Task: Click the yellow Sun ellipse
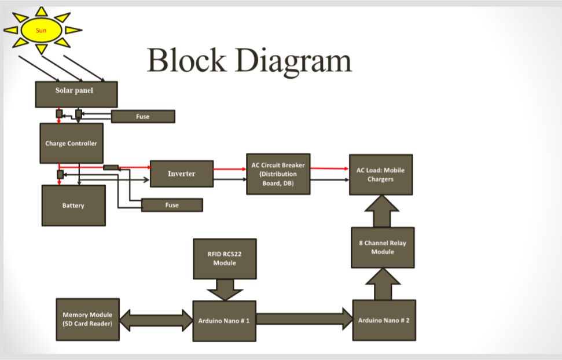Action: [x=42, y=30]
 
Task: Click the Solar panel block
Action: [x=76, y=94]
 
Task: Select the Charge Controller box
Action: [x=71, y=143]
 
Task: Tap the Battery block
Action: [x=74, y=205]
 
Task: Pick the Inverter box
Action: [x=181, y=174]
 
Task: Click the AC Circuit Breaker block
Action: [x=278, y=174]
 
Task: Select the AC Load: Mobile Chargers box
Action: [x=380, y=175]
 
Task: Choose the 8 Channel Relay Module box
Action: [x=383, y=247]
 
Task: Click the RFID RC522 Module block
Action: [x=225, y=258]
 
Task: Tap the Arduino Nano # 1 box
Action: [x=224, y=320]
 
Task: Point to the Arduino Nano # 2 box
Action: [x=384, y=320]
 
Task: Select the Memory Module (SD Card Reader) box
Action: [x=87, y=319]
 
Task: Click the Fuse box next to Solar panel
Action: [x=142, y=116]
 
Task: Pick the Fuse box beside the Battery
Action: [x=172, y=205]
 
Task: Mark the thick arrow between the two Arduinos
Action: [x=304, y=319]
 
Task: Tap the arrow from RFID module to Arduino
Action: [x=225, y=288]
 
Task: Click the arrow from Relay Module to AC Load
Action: [x=382, y=211]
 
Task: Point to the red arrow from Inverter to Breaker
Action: [x=229, y=169]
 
